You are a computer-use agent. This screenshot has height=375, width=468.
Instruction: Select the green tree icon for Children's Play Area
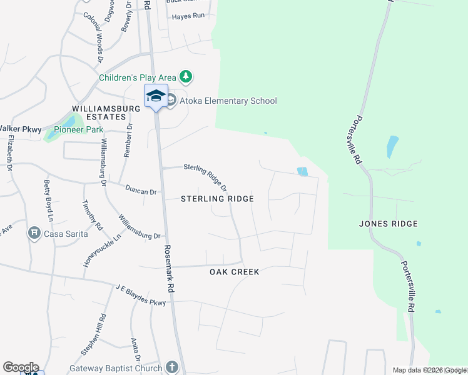coord(186,77)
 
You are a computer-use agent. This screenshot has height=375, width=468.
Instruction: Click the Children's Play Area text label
coord(138,78)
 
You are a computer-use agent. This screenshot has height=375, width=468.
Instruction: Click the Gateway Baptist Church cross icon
coord(173,368)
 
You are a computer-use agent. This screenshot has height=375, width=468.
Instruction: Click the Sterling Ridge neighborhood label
coord(217,199)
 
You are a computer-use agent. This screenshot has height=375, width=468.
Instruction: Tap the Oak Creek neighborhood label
coord(234,272)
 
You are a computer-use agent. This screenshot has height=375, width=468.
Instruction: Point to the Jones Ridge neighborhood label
coord(389,224)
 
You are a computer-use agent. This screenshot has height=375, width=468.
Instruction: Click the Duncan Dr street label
coord(141,190)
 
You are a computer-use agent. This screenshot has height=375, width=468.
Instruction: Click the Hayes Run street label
coord(188,16)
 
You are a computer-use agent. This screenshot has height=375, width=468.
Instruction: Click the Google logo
coord(21,367)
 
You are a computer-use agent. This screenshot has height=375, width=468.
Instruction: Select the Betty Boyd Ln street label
coord(47,200)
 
